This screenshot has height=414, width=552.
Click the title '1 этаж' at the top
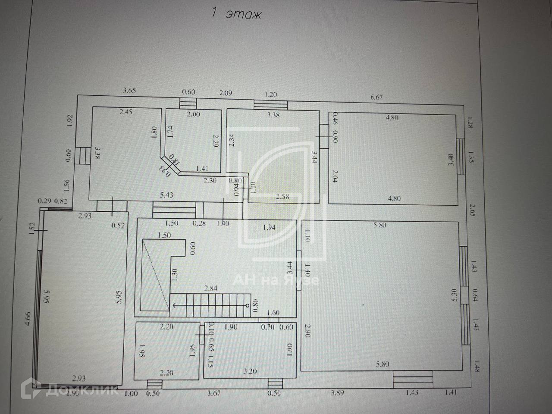tap(236, 14)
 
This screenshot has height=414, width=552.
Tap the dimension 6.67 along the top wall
tap(376, 97)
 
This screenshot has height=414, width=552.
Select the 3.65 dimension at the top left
tap(129, 91)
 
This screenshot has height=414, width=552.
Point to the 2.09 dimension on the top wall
tap(226, 93)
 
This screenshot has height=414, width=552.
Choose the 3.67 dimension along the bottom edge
tap(214, 393)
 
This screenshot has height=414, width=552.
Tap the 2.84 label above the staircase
tap(211, 289)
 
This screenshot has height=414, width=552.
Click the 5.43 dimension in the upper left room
tap(166, 195)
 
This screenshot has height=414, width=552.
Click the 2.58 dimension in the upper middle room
tap(283, 197)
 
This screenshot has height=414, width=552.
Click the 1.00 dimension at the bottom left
tap(131, 393)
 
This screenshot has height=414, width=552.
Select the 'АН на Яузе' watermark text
tap(276, 280)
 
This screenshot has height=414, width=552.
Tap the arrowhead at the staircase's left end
tap(173, 305)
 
